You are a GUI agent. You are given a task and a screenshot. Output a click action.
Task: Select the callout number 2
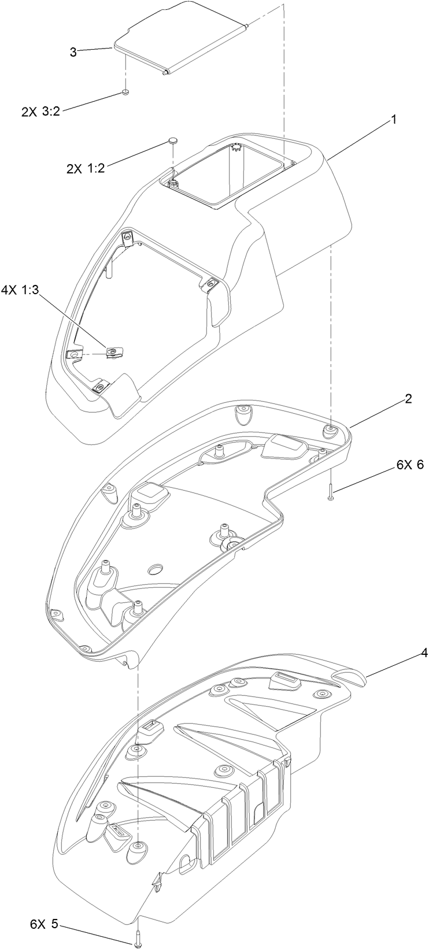(408, 400)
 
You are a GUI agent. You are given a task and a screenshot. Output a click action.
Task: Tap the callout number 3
(73, 52)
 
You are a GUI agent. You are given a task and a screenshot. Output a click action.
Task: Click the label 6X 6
(409, 466)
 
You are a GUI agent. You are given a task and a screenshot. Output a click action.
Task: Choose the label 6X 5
(44, 908)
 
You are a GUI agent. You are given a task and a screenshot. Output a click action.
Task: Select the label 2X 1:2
(86, 169)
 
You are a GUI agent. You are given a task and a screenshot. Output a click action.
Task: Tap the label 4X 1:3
(20, 290)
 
